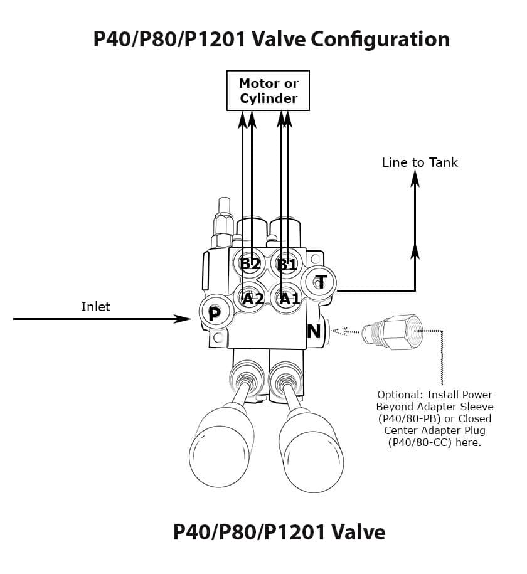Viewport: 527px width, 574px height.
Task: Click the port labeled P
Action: coord(214,314)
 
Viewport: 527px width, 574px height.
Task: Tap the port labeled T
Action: coord(321,281)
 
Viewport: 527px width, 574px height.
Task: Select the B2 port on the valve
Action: coord(250,263)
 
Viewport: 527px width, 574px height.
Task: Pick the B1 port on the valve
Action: coord(287,264)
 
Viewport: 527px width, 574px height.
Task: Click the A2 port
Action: coord(253,299)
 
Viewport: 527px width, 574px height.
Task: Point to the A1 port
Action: coord(289,299)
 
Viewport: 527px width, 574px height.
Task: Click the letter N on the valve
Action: coord(314,331)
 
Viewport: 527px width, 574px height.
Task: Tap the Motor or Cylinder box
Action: coord(269,91)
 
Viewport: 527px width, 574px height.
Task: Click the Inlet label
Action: coord(95,307)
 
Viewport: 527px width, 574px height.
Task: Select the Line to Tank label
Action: coord(420,162)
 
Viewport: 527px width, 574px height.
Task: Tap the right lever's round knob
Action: coord(312,445)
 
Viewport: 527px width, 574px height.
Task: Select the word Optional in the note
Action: coord(400,395)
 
